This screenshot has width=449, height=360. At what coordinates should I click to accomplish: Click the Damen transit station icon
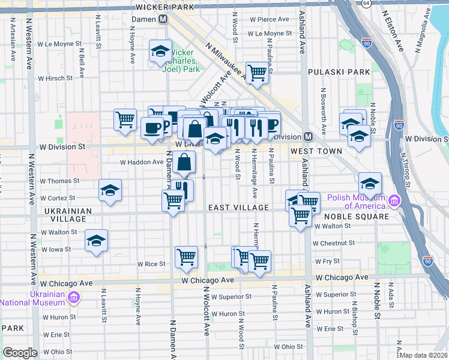(x=163, y=19)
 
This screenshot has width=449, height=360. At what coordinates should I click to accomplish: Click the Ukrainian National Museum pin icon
(x=74, y=296)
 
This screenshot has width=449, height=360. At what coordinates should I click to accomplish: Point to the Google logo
(x=20, y=352)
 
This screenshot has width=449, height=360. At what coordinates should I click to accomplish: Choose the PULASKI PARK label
(x=339, y=72)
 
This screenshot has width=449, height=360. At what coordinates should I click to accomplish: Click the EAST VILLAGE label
(x=238, y=208)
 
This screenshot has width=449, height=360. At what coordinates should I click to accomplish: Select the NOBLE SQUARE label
(x=357, y=216)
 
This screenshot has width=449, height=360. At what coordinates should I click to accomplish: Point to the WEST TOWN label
(x=317, y=151)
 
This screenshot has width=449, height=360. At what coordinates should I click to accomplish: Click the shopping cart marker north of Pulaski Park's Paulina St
(x=257, y=73)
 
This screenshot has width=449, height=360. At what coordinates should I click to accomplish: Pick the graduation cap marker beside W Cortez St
(x=110, y=190)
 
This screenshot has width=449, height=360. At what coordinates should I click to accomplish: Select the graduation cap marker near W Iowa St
(x=96, y=241)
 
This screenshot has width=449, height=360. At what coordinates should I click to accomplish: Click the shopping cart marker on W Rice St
(x=186, y=257)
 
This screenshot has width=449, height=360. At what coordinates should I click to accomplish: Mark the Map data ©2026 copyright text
(x=423, y=355)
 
